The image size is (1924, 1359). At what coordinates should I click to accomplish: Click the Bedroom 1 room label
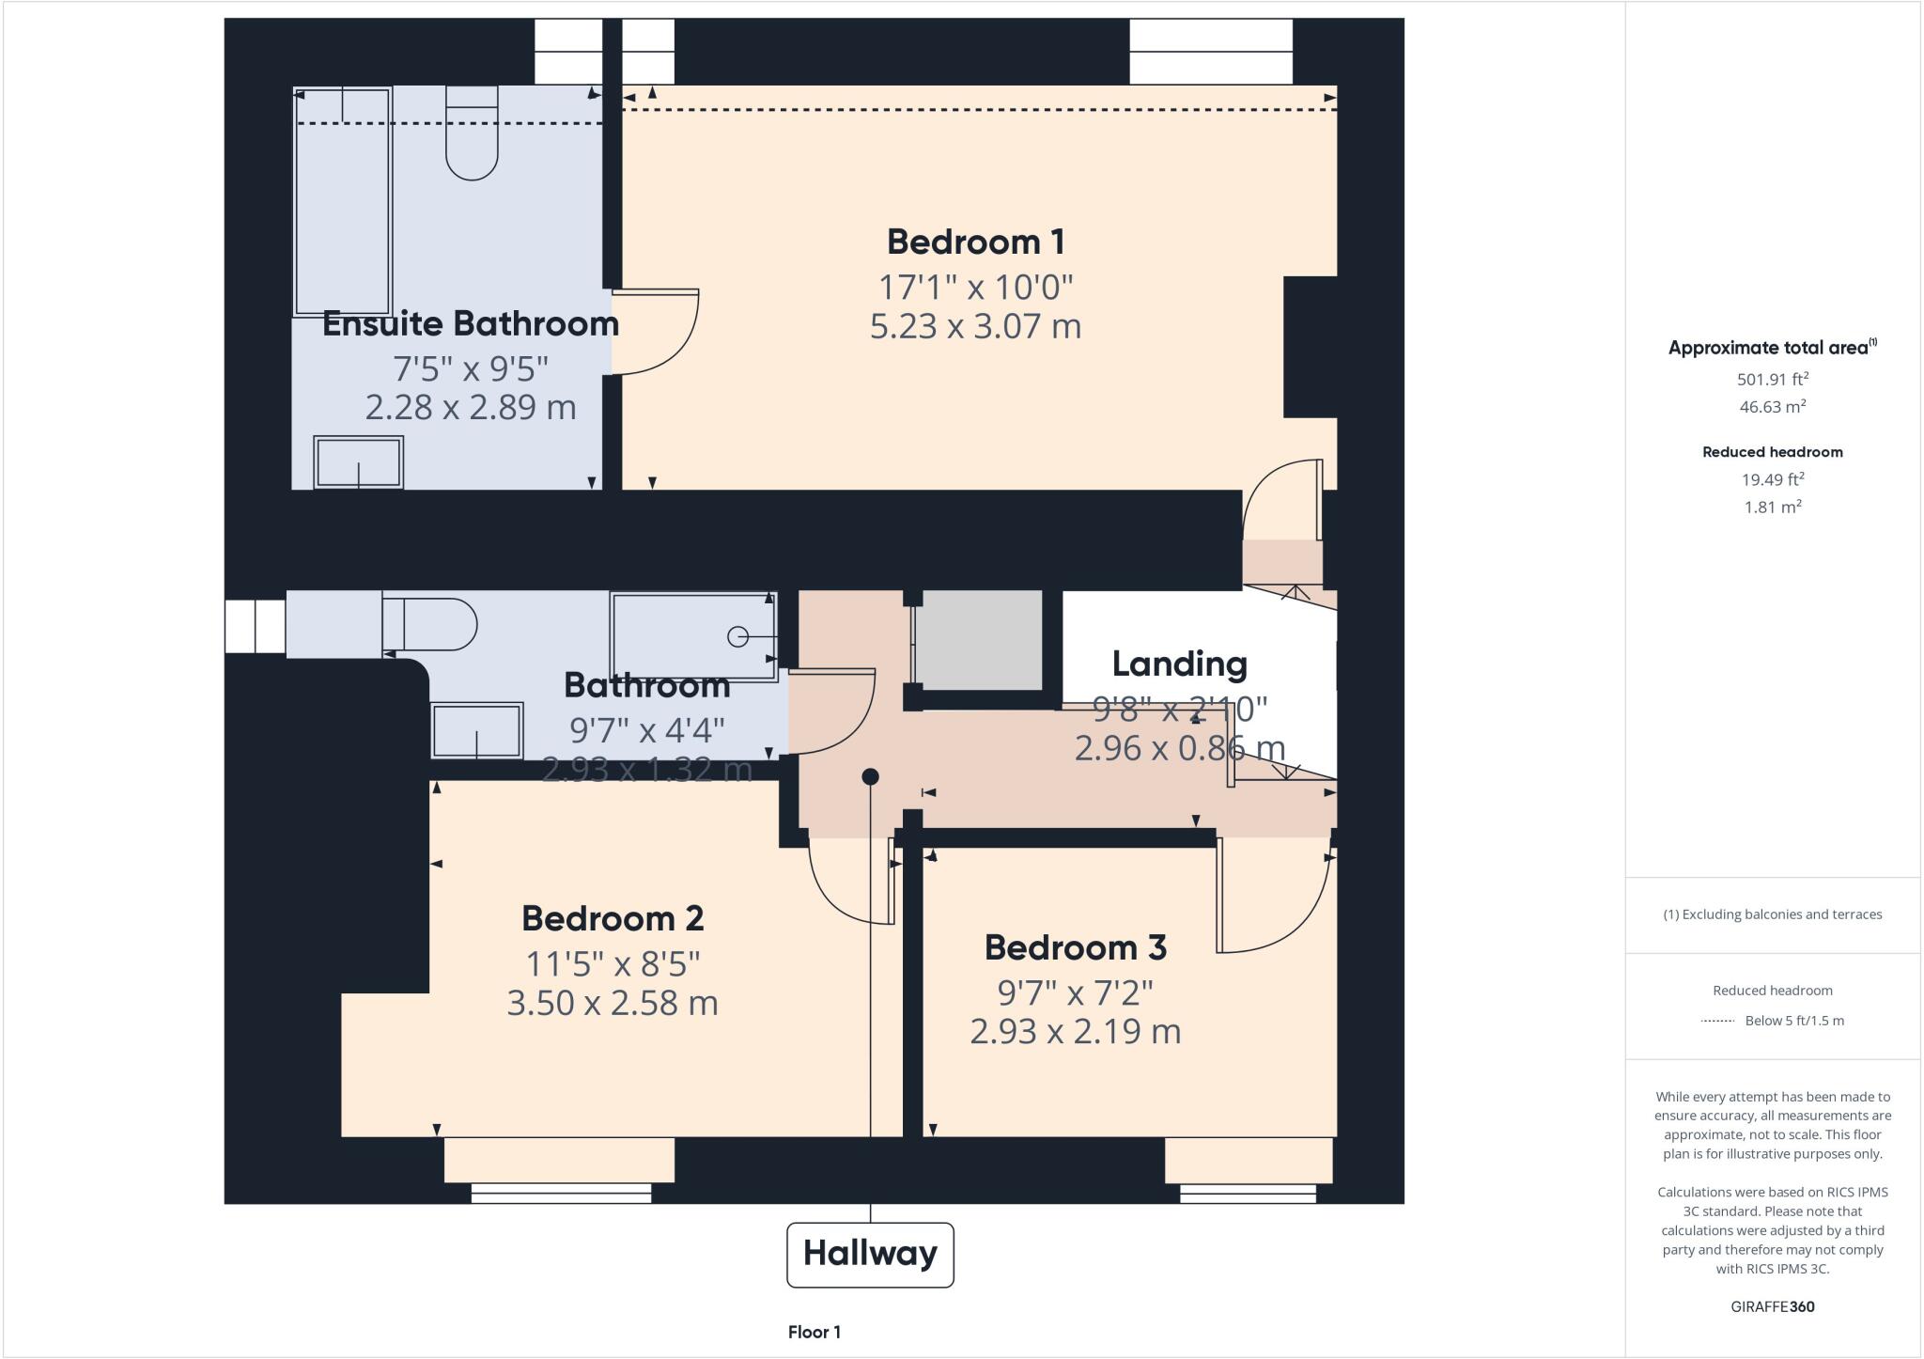click(x=975, y=242)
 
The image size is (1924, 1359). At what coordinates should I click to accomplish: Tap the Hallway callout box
click(x=870, y=1254)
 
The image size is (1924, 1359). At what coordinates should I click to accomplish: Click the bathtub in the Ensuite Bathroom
click(x=343, y=201)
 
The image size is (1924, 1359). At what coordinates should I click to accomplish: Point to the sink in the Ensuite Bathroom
click(x=358, y=462)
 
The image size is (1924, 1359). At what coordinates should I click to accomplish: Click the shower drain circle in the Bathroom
click(x=737, y=636)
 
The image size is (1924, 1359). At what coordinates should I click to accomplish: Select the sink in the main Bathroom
click(x=476, y=730)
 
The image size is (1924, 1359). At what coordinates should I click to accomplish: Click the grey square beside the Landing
click(x=978, y=640)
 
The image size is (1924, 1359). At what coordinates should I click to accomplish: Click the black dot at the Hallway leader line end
click(x=870, y=776)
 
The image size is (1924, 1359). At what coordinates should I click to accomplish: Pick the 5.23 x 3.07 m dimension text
click(x=975, y=326)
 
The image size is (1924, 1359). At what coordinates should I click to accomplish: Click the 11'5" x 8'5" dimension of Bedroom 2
click(x=613, y=963)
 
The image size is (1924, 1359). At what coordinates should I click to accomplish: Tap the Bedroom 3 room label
click(x=1075, y=947)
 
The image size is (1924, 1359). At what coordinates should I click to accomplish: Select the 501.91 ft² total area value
click(x=1772, y=380)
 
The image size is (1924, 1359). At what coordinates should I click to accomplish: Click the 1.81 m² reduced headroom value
click(x=1772, y=507)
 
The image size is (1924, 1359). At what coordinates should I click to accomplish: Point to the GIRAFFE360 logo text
click(x=1772, y=1306)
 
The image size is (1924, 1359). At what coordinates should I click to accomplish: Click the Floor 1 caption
click(x=814, y=1332)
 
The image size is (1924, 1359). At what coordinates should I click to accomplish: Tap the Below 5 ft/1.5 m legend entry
click(x=1793, y=1021)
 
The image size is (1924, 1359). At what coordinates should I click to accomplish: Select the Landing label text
click(x=1179, y=664)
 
